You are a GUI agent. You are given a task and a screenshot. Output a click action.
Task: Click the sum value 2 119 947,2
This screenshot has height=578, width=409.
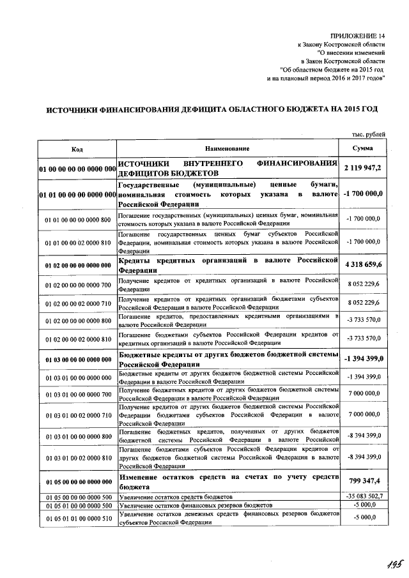[x=363, y=168]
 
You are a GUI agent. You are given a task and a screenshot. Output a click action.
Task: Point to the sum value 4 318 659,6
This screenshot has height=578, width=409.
[x=363, y=265]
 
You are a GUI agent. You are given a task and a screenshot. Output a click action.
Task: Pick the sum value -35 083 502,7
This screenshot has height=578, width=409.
[x=363, y=496]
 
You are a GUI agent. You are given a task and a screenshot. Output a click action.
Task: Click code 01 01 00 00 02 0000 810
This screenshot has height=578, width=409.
[x=77, y=243]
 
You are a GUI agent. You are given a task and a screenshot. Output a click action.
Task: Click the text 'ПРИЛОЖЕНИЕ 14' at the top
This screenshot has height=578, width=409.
[x=359, y=36]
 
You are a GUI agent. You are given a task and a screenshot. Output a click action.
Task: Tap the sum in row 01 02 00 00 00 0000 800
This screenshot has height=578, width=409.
[x=363, y=320]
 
